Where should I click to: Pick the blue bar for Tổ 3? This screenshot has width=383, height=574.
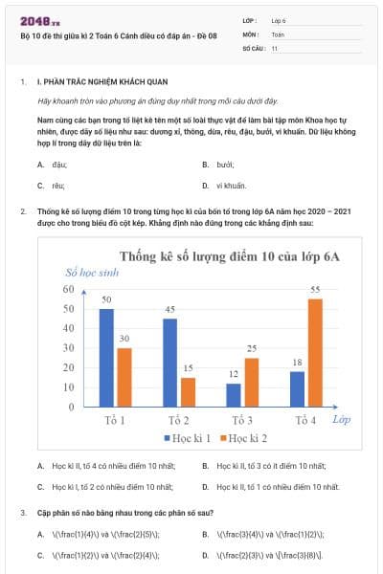(x=234, y=394)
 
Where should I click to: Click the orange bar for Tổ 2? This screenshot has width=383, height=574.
(x=188, y=391)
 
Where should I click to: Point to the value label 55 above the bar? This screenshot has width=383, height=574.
(x=315, y=289)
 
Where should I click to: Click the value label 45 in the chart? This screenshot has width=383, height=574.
(x=170, y=309)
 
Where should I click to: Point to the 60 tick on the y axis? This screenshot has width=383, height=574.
(x=68, y=289)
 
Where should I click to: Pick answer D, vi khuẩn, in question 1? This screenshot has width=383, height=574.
(x=231, y=185)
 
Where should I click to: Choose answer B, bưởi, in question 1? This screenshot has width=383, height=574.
(x=225, y=164)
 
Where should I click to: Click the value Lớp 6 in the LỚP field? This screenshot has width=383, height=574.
(x=279, y=19)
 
